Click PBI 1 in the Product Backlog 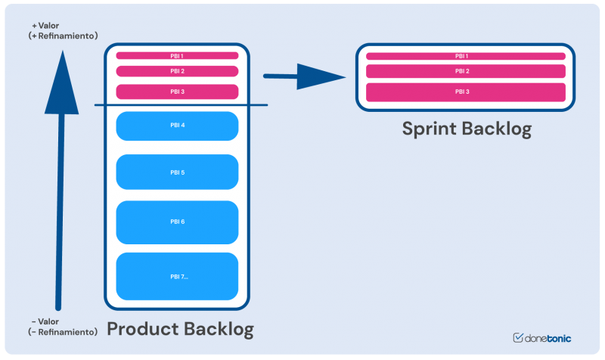click(177, 55)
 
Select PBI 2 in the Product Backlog click(177, 71)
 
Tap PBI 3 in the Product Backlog click(177, 92)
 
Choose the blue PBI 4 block click(177, 125)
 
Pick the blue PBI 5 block click(177, 172)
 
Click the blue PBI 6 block click(177, 222)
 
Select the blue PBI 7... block click(177, 276)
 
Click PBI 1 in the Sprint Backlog click(465, 56)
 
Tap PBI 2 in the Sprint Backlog click(465, 71)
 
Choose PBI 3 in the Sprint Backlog click(465, 92)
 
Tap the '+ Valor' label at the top click(45, 25)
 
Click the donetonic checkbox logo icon click(519, 338)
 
